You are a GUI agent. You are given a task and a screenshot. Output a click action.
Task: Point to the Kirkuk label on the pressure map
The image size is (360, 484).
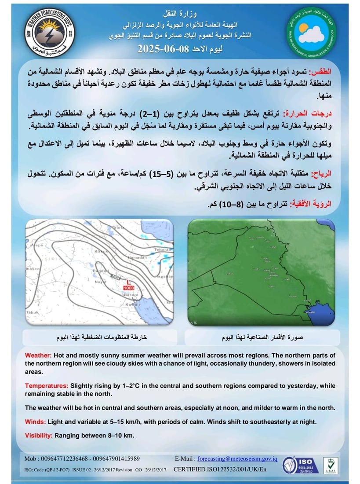point(101,251)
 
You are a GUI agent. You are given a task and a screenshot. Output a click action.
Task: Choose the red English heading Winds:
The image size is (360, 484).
point(35,422)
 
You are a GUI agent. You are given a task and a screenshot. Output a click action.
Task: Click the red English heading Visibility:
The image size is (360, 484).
point(39,436)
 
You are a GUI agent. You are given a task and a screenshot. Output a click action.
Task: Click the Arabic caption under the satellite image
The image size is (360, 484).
point(262,338)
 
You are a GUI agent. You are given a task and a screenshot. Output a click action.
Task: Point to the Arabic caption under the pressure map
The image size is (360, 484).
point(101,338)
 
